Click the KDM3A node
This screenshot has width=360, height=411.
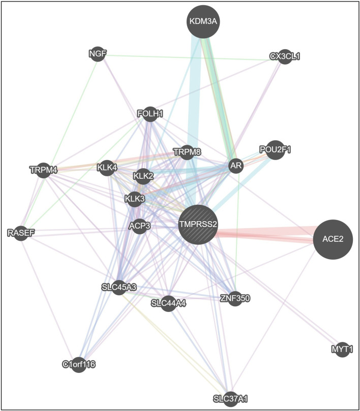[x=203, y=22]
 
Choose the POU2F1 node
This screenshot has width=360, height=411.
[x=275, y=149]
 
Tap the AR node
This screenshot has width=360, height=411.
[x=235, y=166]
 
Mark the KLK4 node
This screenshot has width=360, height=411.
[x=107, y=168]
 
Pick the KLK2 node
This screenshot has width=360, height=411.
[x=143, y=176]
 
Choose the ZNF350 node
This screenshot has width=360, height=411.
[x=235, y=298]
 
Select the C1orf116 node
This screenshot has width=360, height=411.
[x=78, y=364]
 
